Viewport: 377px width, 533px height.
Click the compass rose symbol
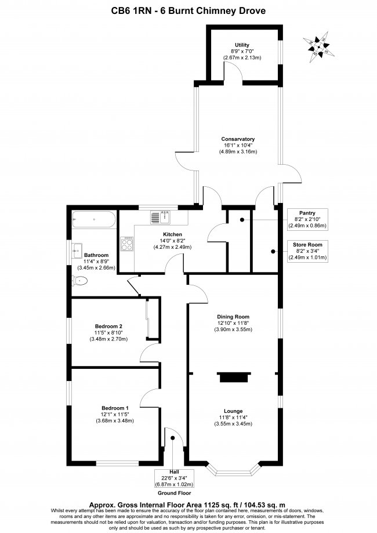click(318, 47)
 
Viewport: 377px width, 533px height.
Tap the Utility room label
click(242, 45)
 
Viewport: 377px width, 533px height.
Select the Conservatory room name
click(238, 139)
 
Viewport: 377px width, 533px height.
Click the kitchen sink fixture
click(161, 217)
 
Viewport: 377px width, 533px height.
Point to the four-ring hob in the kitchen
click(127, 244)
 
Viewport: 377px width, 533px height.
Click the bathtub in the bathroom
click(94, 219)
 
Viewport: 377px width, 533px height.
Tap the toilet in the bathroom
click(80, 281)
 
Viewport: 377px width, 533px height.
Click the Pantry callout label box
click(307, 219)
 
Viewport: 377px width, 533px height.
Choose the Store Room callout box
click(307, 251)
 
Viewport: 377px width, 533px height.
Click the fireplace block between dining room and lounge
click(234, 377)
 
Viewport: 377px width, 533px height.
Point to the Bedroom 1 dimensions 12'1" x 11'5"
click(115, 414)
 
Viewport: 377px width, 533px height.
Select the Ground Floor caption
click(174, 493)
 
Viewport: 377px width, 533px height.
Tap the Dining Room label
click(233, 317)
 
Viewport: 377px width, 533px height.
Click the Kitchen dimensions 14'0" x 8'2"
click(172, 241)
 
